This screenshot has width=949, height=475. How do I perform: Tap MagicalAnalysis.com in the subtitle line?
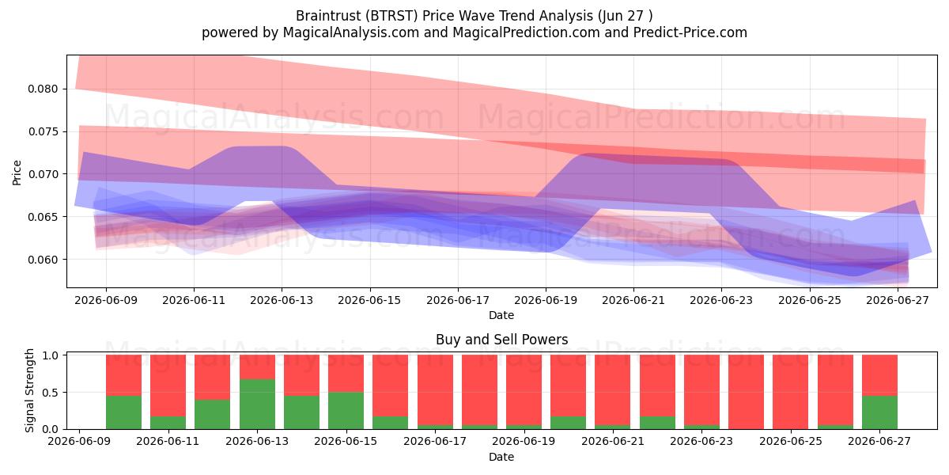tap(351, 32)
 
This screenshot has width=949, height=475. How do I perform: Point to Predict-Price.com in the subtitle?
tap(690, 32)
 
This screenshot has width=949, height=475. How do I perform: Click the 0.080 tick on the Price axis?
tap(43, 89)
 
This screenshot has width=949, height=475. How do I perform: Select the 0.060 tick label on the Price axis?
tap(43, 260)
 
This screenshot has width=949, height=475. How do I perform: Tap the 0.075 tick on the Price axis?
tap(43, 132)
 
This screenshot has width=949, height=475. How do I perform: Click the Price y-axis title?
tap(17, 173)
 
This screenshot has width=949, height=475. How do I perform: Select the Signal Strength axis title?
tap(29, 390)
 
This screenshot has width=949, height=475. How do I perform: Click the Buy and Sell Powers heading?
tap(501, 340)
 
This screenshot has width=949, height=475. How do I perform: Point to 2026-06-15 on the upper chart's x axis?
tap(369, 300)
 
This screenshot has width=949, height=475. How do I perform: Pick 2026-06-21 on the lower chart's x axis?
tap(613, 441)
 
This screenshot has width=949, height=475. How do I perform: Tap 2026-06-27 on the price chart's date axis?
tap(898, 300)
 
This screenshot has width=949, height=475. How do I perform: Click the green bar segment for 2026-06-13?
tap(257, 405)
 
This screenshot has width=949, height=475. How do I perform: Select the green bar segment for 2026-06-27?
tap(879, 412)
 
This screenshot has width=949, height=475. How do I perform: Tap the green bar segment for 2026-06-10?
tap(123, 412)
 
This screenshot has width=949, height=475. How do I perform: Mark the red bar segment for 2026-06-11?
tap(168, 386)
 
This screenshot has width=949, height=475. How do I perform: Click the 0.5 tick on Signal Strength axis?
tap(50, 393)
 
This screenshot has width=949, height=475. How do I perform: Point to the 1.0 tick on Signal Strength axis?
tap(50, 355)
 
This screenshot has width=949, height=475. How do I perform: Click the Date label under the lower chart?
tap(501, 457)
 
